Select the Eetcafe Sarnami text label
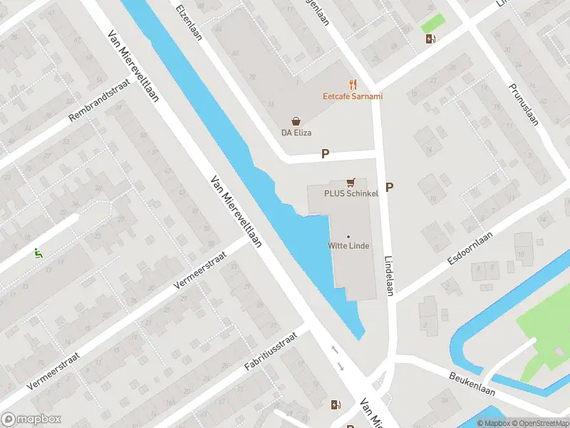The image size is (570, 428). tap(352, 96)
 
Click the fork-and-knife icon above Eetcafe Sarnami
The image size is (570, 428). tap(352, 84)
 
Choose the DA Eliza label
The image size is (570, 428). tap(296, 133)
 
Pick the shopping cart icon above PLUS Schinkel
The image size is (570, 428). tap(351, 183)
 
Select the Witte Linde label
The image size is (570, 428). tap(348, 246)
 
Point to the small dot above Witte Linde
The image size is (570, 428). tap(348, 236)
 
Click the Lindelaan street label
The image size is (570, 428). tap(389, 272)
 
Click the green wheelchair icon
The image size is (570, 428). tap(37, 252)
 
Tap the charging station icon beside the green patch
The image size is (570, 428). tap(430, 39)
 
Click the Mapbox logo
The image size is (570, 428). tap(31, 419)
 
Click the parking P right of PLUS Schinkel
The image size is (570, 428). tap(390, 187)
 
